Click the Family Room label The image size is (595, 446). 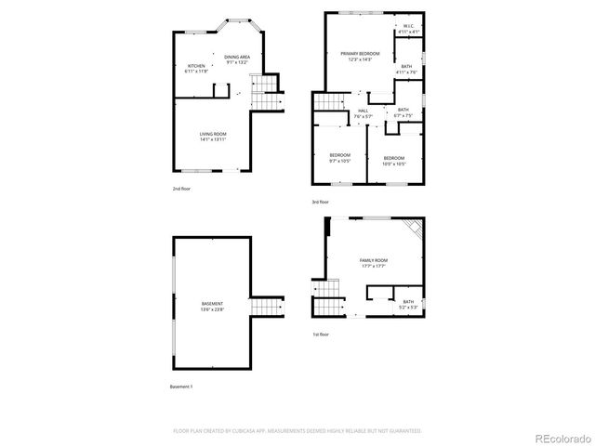click(373, 263)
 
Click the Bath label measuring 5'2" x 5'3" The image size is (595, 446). click(408, 303)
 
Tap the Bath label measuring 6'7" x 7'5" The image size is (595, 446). click(403, 112)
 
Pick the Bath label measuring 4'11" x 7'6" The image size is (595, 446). click(406, 69)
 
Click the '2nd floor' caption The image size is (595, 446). click(181, 189)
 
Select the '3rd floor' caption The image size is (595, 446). click(320, 202)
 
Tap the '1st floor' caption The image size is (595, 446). click(320, 334)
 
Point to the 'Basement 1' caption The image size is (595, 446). click(182, 386)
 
